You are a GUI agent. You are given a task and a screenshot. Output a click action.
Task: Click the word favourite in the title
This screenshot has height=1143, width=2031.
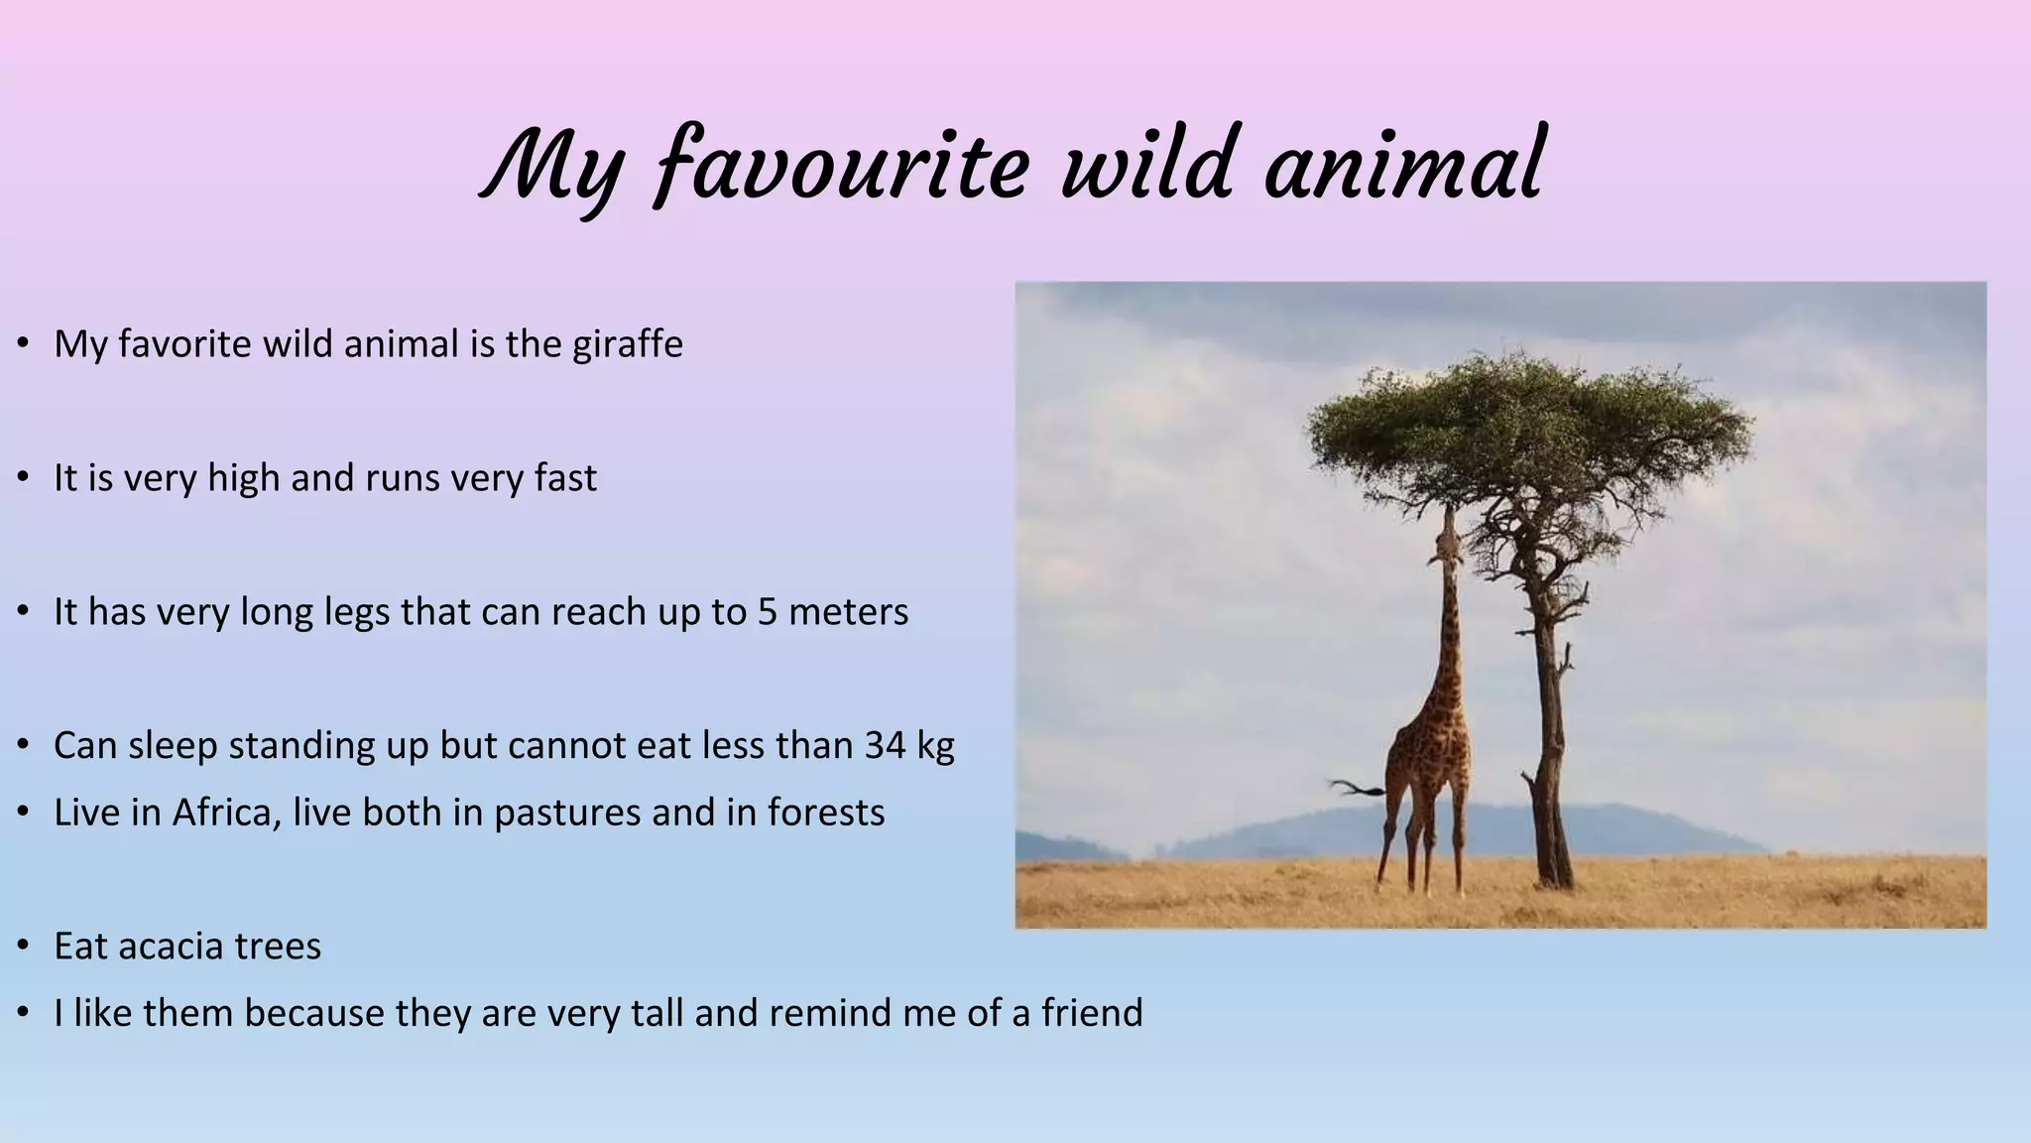click(x=843, y=167)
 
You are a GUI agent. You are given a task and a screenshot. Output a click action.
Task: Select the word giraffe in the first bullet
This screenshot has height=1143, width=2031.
click(x=627, y=344)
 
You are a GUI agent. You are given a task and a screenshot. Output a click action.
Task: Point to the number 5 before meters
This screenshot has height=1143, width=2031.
click(x=767, y=612)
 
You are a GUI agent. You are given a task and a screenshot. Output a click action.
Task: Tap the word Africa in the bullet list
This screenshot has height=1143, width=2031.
click(x=225, y=813)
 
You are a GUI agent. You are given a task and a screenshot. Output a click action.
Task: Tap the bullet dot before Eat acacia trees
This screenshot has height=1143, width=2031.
click(x=23, y=947)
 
